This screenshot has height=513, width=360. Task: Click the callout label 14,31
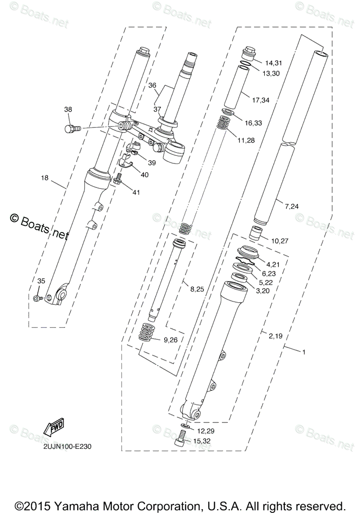coord(274,63)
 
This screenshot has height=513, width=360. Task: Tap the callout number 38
coord(68,109)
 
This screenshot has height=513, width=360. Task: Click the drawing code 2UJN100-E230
coord(67,446)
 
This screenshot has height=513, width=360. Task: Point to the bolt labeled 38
coord(72,128)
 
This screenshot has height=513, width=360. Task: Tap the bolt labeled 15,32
coord(180,439)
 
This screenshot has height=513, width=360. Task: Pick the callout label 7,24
coord(292,206)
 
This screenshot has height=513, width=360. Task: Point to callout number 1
coord(304,352)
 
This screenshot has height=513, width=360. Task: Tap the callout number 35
coord(41,281)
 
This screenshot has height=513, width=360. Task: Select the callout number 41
coord(136,193)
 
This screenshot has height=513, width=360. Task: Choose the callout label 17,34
coord(261,100)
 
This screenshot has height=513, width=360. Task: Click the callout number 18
coord(44,177)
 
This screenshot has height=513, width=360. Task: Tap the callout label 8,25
coord(198,289)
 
